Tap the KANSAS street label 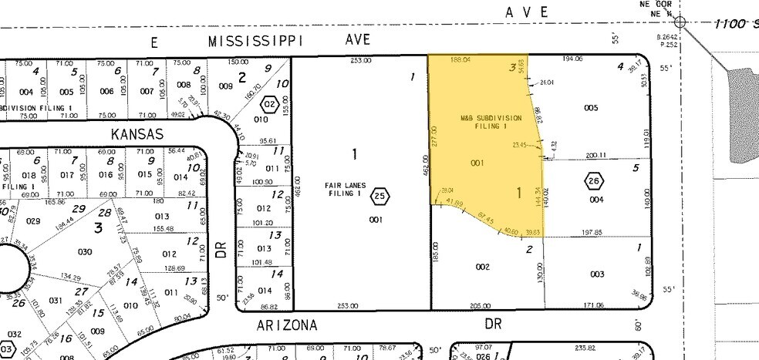tap(137, 134)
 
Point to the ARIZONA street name tap(286, 325)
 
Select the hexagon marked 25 tap(380, 197)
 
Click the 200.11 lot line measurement tap(596, 155)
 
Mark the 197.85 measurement tap(594, 231)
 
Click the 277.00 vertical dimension tap(437, 137)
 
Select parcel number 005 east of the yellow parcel tap(591, 108)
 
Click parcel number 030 tap(85, 252)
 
